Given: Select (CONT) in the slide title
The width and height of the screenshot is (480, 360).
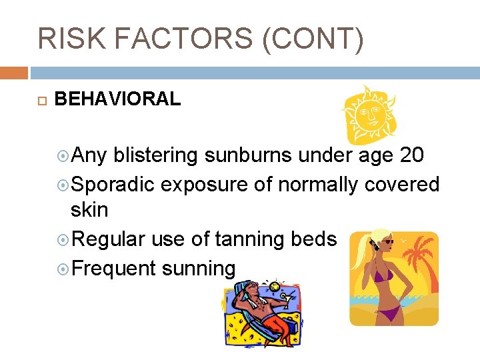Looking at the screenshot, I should click(313, 39).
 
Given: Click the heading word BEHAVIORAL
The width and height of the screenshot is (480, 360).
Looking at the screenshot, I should click(117, 99).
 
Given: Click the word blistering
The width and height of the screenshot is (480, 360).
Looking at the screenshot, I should click(156, 155).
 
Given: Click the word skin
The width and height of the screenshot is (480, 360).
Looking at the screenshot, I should click(89, 211).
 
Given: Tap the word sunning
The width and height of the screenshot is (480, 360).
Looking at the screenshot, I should click(199, 269).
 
